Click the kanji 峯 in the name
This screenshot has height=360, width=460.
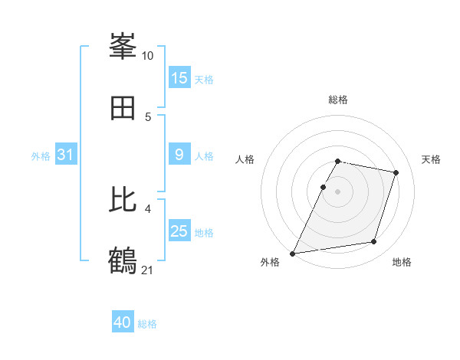123,47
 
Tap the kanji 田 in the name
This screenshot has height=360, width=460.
123,109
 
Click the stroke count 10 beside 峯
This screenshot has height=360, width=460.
147,56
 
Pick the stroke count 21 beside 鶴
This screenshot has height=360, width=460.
147,270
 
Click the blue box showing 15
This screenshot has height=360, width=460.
179,78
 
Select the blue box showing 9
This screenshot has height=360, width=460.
179,155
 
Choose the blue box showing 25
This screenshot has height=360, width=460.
179,231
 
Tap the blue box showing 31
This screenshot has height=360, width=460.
66,155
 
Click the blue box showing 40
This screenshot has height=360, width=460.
123,322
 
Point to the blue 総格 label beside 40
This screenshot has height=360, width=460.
147,324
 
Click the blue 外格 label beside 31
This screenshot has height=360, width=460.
41,156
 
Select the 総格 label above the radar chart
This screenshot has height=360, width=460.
337,100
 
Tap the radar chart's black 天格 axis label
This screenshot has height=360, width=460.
432,159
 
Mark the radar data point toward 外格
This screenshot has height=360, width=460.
293,253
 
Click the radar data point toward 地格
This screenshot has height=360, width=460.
374,242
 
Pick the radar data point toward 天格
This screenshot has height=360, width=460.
396,172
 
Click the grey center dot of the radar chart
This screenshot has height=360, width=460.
337,191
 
